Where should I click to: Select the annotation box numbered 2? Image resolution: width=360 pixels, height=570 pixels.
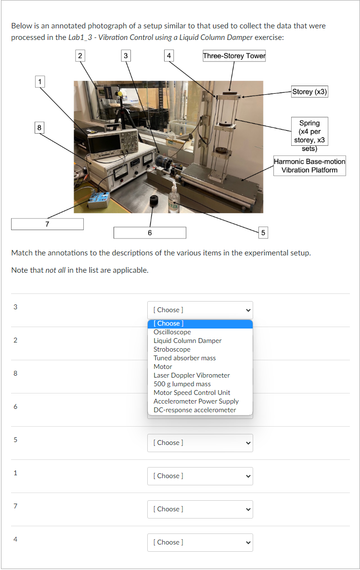point(80,56)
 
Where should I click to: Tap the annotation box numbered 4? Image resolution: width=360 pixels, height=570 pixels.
point(168,56)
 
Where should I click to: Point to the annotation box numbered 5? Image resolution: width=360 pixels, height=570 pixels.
point(262,232)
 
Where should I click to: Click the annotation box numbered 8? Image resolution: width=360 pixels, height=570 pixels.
point(39,127)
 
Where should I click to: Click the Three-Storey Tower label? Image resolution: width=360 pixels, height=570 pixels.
point(234,56)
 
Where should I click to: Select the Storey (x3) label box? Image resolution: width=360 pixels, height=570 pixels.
point(309,91)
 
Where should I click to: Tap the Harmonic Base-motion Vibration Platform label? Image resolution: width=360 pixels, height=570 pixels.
point(309,166)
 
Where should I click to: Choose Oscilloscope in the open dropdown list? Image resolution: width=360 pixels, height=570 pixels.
point(172,332)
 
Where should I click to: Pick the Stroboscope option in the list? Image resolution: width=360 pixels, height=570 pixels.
point(172,349)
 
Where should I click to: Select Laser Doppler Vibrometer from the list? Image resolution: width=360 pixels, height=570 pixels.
point(192,375)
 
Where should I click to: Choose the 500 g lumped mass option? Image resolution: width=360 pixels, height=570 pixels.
point(182,384)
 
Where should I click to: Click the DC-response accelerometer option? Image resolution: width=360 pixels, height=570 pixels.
point(194,410)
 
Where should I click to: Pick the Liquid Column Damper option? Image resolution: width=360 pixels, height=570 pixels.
point(187,341)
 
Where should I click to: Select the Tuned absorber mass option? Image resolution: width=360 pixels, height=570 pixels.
point(184,358)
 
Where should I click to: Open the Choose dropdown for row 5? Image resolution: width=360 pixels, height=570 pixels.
point(200,443)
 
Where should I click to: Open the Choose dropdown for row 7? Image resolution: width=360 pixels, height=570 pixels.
point(200,509)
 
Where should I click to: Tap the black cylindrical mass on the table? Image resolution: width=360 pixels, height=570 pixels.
point(154,201)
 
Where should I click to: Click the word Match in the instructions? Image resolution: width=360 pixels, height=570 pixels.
point(22,253)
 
